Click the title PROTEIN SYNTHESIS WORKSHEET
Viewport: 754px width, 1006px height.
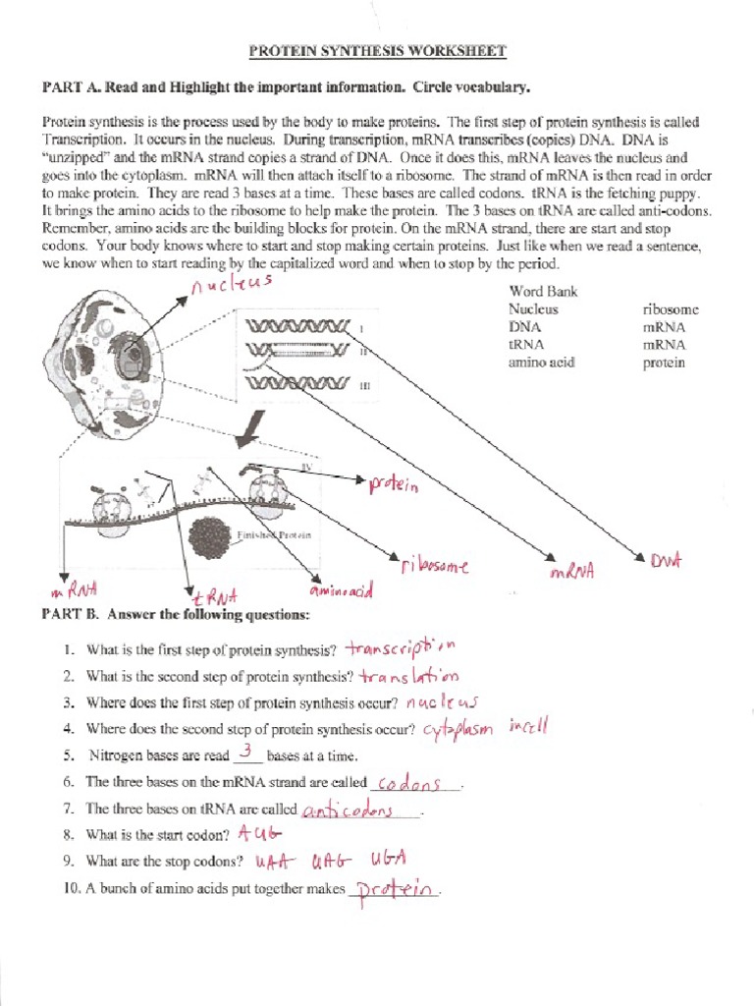[377, 50]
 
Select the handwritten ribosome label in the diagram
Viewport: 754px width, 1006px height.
[434, 567]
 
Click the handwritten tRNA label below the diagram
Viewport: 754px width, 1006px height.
[212, 596]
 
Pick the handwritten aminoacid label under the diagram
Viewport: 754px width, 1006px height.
[341, 591]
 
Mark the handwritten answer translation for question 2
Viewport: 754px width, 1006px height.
[408, 677]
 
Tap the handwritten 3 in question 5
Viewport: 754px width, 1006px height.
[247, 753]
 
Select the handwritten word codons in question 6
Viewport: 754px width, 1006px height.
[412, 783]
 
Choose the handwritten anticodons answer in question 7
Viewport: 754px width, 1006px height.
[349, 810]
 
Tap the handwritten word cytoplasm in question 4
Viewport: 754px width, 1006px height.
[458, 730]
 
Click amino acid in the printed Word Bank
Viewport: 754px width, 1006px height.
[541, 363]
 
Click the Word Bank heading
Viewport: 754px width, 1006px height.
[543, 291]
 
